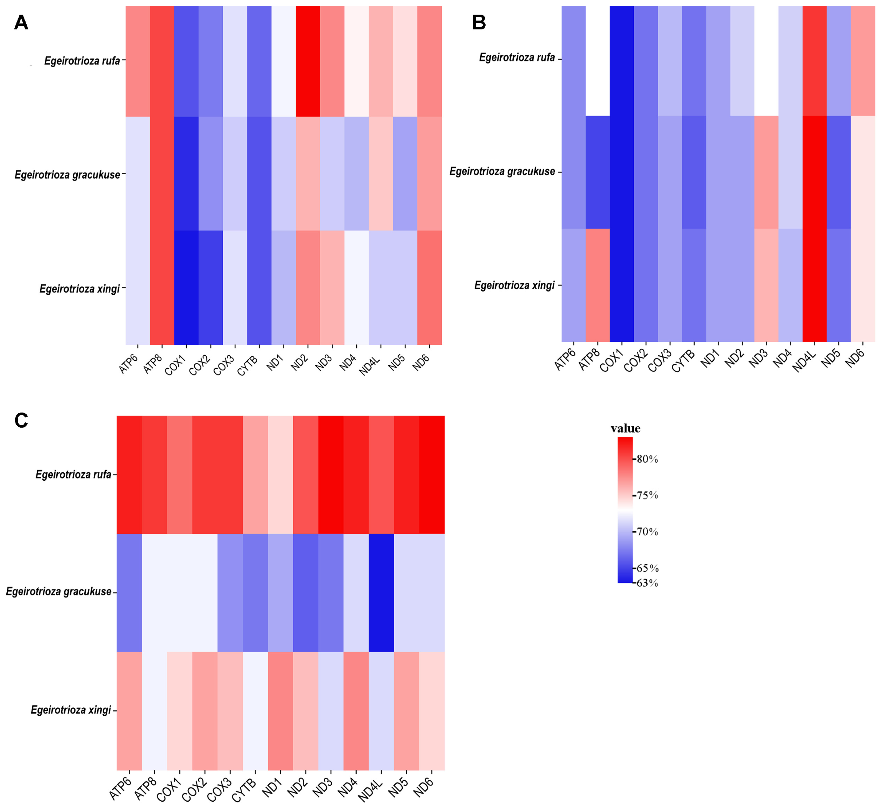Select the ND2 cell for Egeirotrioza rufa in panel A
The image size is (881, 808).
[308, 61]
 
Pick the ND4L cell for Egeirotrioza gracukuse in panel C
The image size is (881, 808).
[381, 592]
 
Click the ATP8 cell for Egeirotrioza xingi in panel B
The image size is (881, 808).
[598, 285]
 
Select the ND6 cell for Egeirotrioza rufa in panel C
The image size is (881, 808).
[432, 474]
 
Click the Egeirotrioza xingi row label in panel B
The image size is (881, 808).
[514, 286]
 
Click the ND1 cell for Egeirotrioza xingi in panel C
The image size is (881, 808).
[280, 710]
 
